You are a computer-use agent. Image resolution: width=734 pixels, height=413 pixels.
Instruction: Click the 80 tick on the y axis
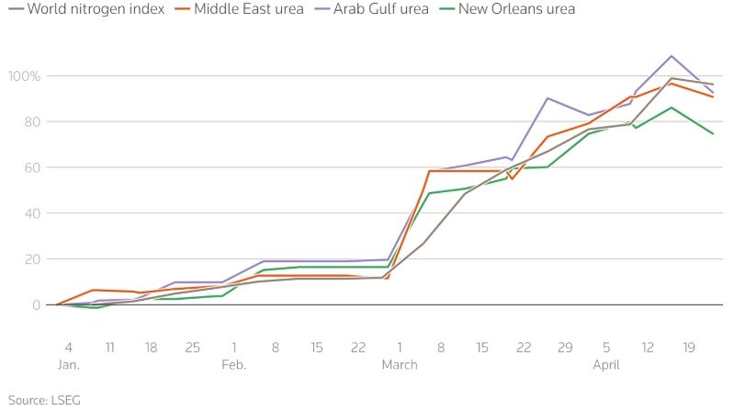point(31,121)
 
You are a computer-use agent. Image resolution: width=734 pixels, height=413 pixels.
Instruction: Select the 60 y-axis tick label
point(31,167)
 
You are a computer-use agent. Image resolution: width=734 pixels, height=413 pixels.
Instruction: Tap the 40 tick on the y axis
point(31,213)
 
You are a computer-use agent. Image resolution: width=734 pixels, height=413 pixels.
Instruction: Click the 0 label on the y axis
point(35,305)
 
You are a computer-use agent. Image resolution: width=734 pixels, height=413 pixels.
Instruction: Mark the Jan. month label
point(68,364)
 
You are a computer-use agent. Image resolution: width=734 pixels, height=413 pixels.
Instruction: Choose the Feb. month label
point(233,364)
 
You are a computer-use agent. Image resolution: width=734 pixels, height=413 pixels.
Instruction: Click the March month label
point(399,364)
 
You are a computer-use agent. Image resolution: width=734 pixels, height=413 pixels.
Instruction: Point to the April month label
point(606,364)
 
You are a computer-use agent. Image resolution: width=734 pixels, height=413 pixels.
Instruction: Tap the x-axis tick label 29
point(565,347)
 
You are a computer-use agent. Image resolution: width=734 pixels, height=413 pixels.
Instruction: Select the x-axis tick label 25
point(192,347)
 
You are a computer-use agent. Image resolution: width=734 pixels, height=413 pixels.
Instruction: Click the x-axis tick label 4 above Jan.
point(68,347)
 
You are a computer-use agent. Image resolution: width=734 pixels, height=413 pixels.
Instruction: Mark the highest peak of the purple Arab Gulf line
point(672,56)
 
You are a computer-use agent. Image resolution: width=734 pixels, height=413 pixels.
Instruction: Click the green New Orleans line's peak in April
point(672,108)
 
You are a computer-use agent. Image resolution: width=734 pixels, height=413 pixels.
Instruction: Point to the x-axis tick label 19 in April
point(689,347)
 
